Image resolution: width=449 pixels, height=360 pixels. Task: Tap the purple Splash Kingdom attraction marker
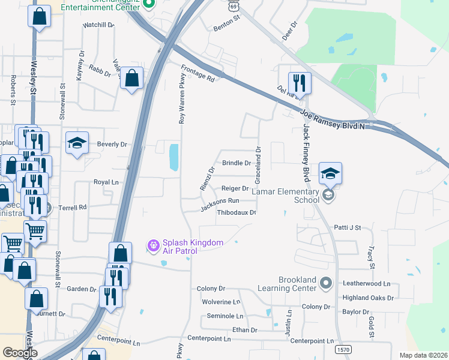click(154, 244)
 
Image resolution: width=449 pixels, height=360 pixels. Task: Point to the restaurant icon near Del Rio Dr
click(298, 83)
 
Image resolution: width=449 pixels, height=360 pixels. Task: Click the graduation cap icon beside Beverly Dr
click(77, 143)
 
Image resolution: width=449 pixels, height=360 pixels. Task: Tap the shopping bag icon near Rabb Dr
click(131, 78)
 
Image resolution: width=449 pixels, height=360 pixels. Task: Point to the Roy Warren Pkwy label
click(182, 98)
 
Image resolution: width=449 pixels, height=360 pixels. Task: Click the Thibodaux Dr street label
click(237, 212)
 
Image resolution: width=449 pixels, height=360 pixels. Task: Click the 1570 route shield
click(343, 349)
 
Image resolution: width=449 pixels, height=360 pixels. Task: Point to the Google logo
click(20, 353)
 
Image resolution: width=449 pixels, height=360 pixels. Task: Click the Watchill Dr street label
click(98, 25)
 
